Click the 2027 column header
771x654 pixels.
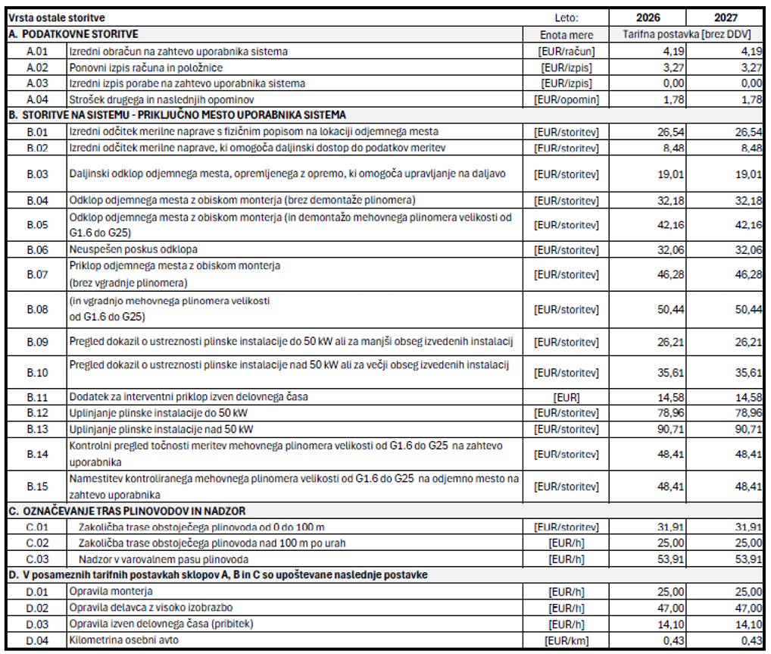[725, 17]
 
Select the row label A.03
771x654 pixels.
[36, 83]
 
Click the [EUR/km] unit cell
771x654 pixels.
[567, 641]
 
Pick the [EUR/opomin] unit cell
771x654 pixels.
[567, 99]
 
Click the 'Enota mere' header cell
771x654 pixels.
[567, 35]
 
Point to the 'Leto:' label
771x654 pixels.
[567, 17]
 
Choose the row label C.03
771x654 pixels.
[36, 559]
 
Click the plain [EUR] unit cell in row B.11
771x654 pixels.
[567, 397]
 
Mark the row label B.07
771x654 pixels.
[36, 274]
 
